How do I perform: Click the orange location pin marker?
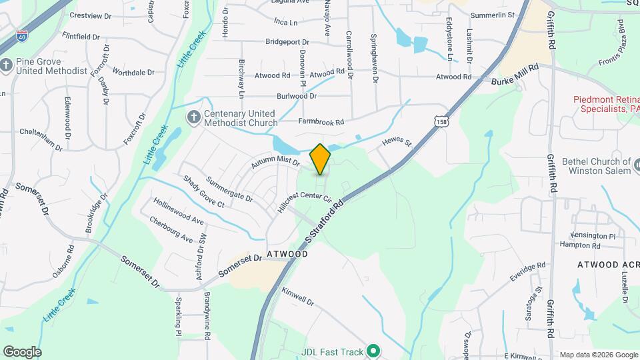pyautogui.click(x=321, y=159)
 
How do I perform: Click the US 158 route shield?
pyautogui.click(x=440, y=121)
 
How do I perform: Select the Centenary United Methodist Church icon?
pyautogui.click(x=193, y=118)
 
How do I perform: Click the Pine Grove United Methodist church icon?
pyautogui.click(x=7, y=65)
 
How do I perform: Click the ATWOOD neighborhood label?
pyautogui.click(x=287, y=254)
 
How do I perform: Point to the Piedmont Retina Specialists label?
pyautogui.click(x=606, y=104)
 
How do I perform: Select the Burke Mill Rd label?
pyautogui.click(x=513, y=80)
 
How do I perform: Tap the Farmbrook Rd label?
pyautogui.click(x=321, y=122)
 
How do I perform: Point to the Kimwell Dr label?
pyautogui.click(x=297, y=297)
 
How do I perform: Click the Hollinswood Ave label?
pyautogui.click(x=179, y=209)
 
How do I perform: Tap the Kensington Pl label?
pyautogui.click(x=593, y=236)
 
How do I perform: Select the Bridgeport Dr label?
pyautogui.click(x=291, y=41)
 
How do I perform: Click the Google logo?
pyautogui.click(x=22, y=351)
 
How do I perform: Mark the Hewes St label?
pyautogui.click(x=398, y=143)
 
